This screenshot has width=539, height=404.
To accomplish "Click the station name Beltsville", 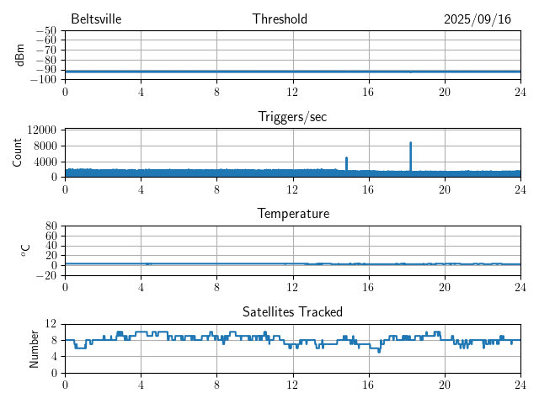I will [x=98, y=19].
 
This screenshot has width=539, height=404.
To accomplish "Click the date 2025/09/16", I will [x=478, y=19].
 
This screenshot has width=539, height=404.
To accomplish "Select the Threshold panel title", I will [x=280, y=19].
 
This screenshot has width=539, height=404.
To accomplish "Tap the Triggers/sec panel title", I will [x=292, y=117].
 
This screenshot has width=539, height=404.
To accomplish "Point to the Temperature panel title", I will [x=292, y=214].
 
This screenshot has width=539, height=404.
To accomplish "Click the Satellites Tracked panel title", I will [x=292, y=311].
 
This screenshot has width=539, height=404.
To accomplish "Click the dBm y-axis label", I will [x=19, y=55].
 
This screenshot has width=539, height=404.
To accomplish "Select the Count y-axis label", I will [x=17, y=152].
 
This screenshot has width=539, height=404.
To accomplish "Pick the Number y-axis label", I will [x=34, y=348].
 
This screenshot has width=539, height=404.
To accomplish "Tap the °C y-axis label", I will [x=25, y=250].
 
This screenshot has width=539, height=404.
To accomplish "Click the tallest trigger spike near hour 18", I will [x=411, y=144].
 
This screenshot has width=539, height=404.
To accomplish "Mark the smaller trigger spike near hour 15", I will [x=346, y=158].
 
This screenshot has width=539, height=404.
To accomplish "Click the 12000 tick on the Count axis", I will [x=41, y=130].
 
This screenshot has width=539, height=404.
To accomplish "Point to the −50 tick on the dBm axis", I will [x=46, y=31].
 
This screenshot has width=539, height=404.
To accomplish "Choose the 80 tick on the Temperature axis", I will [x=51, y=226].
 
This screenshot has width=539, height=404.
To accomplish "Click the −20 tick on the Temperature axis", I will [x=46, y=275].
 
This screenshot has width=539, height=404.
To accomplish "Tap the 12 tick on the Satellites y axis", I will [x=51, y=324].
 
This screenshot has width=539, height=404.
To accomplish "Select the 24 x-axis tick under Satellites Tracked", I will [x=520, y=383].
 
